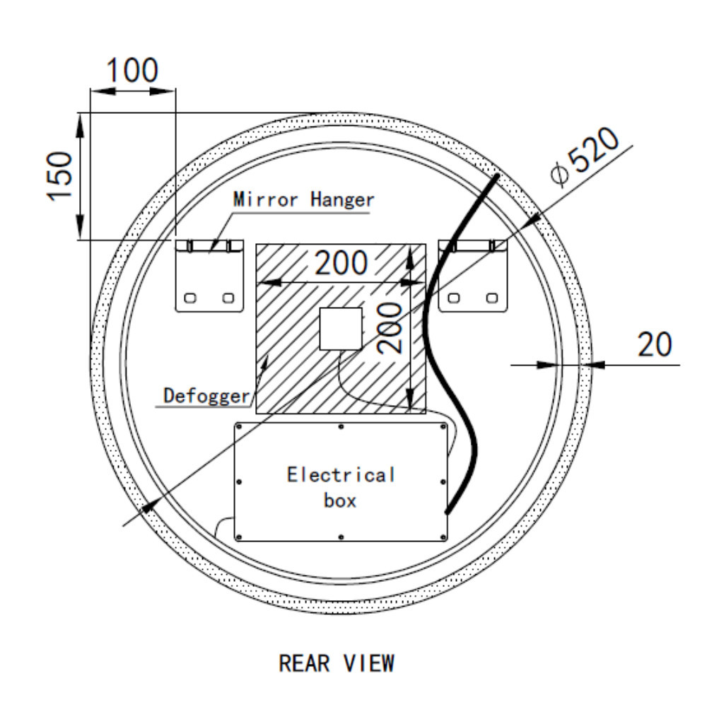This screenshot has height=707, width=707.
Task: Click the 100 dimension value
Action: [x=132, y=71]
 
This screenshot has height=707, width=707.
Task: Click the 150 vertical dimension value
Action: [x=62, y=176]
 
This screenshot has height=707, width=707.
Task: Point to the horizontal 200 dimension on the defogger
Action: [x=341, y=264]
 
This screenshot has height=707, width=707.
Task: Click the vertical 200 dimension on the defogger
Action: [x=390, y=327]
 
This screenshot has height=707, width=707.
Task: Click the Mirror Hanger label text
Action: [x=303, y=199]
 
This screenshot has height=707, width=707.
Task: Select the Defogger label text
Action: [x=206, y=395]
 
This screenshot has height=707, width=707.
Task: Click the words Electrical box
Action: [x=341, y=486]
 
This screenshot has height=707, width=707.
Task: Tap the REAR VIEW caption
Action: [x=337, y=663]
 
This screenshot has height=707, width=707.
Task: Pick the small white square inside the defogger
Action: [x=340, y=329]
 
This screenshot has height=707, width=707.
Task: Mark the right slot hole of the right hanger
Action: [x=492, y=298]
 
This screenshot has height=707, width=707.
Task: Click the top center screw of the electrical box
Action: [x=341, y=426]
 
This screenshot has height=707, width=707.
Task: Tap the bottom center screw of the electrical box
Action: [x=341, y=537]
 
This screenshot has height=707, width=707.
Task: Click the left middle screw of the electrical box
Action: [x=239, y=481]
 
